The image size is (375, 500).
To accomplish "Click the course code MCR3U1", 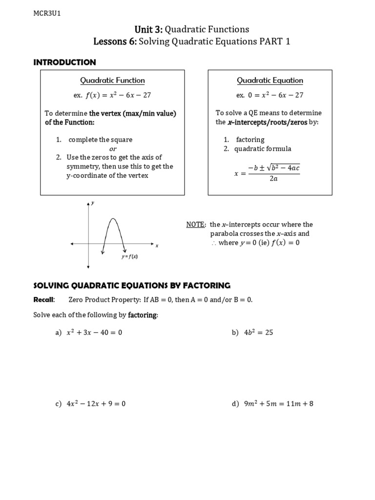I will click(x=47, y=14).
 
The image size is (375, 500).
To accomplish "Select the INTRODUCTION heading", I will click(x=64, y=62).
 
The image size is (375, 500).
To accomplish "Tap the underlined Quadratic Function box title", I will click(x=112, y=81).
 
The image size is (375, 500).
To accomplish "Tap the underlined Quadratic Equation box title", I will click(x=270, y=81).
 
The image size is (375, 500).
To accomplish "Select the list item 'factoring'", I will click(x=250, y=140).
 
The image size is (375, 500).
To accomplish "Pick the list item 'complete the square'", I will click(x=100, y=140).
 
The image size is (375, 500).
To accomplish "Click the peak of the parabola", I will click(x=113, y=219).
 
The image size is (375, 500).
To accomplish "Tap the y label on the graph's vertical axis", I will click(x=92, y=202).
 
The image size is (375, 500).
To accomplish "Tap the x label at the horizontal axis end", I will click(x=157, y=246).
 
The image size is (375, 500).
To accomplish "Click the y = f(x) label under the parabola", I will click(x=129, y=256).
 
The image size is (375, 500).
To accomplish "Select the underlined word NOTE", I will click(x=196, y=225).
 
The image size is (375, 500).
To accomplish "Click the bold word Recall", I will click(x=43, y=299).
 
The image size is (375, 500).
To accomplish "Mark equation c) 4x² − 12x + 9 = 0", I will click(x=96, y=404).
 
